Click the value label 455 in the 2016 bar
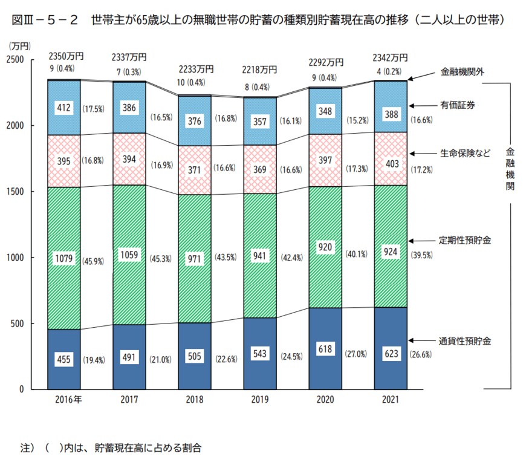click(x=64, y=360)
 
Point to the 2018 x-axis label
click(x=195, y=400)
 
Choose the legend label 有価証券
click(x=458, y=105)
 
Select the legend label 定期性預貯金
click(x=465, y=240)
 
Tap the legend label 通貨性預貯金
click(x=465, y=341)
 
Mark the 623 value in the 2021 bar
click(x=391, y=354)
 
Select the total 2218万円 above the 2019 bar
click(x=260, y=68)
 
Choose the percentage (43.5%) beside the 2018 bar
click(x=224, y=258)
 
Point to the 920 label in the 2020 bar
click(x=325, y=247)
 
